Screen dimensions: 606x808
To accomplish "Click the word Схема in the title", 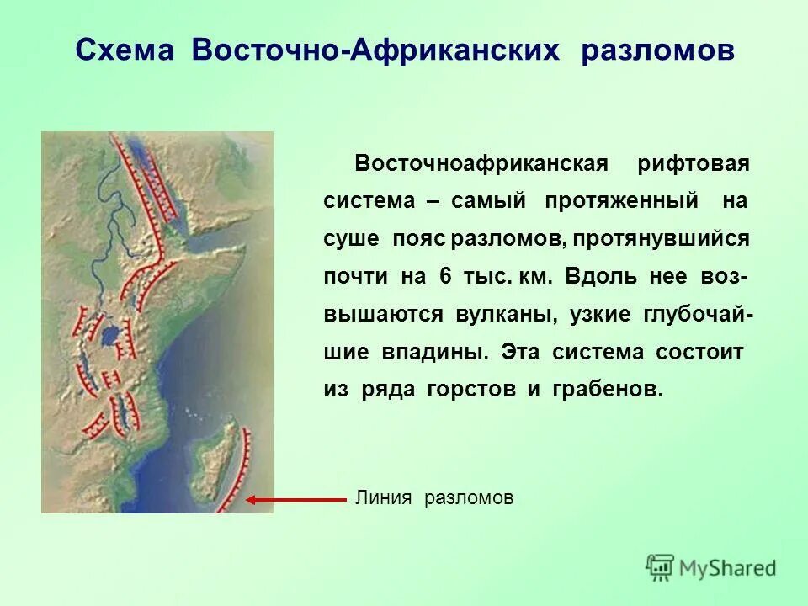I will pos(126,50).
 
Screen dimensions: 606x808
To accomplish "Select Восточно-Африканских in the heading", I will pos(375,50).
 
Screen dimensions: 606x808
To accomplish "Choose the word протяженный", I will pos(621,202).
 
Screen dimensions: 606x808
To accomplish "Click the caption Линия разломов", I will pos(433,498).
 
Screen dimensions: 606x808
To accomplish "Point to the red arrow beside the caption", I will pos(295,499).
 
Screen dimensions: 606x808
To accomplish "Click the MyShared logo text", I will pos(728,568).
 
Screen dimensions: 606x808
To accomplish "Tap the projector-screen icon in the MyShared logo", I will pos(661,566).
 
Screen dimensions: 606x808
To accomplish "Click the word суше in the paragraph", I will pos(351,239).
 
